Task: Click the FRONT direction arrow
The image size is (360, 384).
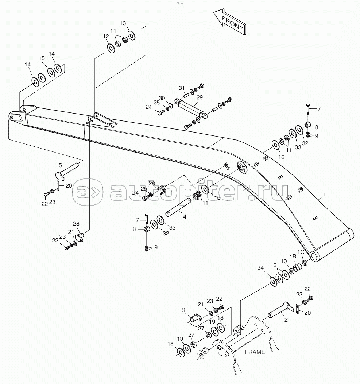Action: coord(230,23)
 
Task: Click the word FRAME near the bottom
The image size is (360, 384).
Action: coord(255,352)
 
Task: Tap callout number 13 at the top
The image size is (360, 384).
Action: coord(123,23)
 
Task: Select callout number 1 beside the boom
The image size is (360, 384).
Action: coord(325,195)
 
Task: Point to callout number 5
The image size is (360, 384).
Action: coord(60,165)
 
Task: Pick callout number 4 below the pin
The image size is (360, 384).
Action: coord(185,216)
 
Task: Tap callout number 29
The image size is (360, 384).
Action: coord(200,97)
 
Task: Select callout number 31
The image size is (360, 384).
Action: coord(182,88)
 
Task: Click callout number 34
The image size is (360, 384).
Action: coord(260,268)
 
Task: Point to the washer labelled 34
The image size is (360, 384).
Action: coord(273,281)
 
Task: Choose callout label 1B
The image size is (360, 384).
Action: coord(293,256)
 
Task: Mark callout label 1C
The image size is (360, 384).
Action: coord(301,252)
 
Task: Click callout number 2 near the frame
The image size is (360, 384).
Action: coord(286,319)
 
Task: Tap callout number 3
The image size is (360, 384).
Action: coord(184,310)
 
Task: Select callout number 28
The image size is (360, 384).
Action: coord(76,224)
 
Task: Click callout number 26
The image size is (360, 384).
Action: coord(152,184)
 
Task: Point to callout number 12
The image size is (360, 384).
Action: coord(106,37)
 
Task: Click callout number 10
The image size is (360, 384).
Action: coord(284,261)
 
